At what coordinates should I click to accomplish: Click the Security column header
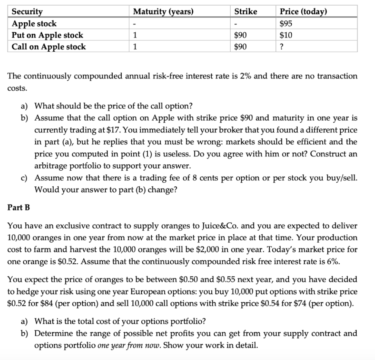pos(27,12)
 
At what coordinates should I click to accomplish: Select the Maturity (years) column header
pos(163,12)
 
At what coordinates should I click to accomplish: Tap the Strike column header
pos(246,12)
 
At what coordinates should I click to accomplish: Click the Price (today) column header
pos(303,12)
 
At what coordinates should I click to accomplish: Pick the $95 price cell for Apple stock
pos(286,23)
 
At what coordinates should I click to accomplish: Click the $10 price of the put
pos(286,35)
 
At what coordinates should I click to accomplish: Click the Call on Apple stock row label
pos(49,47)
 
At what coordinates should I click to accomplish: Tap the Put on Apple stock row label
pos(48,35)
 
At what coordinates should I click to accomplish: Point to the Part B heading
pos(19,207)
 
